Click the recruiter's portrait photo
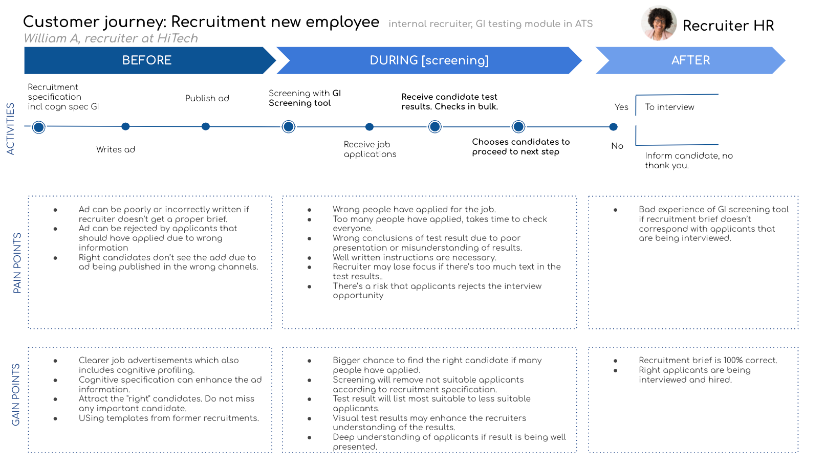click(x=659, y=23)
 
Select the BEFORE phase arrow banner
click(x=147, y=60)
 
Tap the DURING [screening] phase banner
click(x=429, y=60)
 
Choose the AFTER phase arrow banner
click(x=690, y=60)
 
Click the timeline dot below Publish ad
click(x=206, y=126)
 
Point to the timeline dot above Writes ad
click(x=125, y=126)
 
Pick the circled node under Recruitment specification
click(x=38, y=127)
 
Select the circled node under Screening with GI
click(x=289, y=126)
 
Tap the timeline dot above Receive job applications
click(x=370, y=127)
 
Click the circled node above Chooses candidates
click(x=518, y=126)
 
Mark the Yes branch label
click(x=621, y=107)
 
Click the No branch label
click(x=617, y=146)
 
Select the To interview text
click(x=669, y=107)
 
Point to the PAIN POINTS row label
click(x=17, y=263)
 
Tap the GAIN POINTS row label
click(x=16, y=394)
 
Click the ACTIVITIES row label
click(x=10, y=128)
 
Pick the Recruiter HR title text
click(x=728, y=26)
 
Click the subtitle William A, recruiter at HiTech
click(x=111, y=38)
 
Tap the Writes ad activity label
click(x=116, y=149)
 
